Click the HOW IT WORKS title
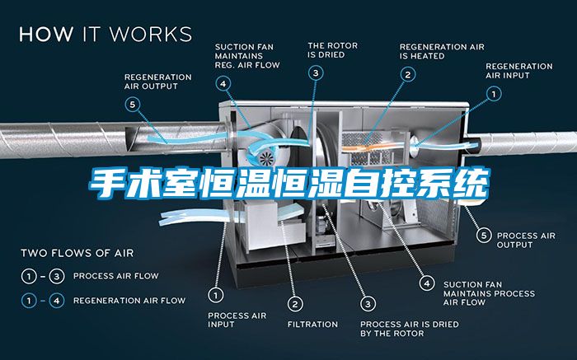click(106, 34)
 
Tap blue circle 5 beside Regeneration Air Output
click(133, 105)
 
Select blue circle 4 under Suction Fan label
click(223, 84)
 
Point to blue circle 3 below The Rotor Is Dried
click(316, 72)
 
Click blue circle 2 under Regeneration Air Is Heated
click(408, 75)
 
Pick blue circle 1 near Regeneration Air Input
click(494, 94)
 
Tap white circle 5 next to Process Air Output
click(484, 236)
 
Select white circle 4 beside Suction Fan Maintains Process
click(427, 283)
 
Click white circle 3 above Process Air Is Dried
click(368, 304)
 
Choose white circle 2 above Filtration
click(295, 304)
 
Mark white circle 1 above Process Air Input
click(216, 295)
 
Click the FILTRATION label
click(312, 325)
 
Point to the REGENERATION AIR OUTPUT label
click(158, 82)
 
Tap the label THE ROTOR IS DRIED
click(333, 50)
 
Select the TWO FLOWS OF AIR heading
click(77, 253)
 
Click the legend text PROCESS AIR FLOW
click(116, 276)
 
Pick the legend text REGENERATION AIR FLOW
click(129, 301)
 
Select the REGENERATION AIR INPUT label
click(518, 71)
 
